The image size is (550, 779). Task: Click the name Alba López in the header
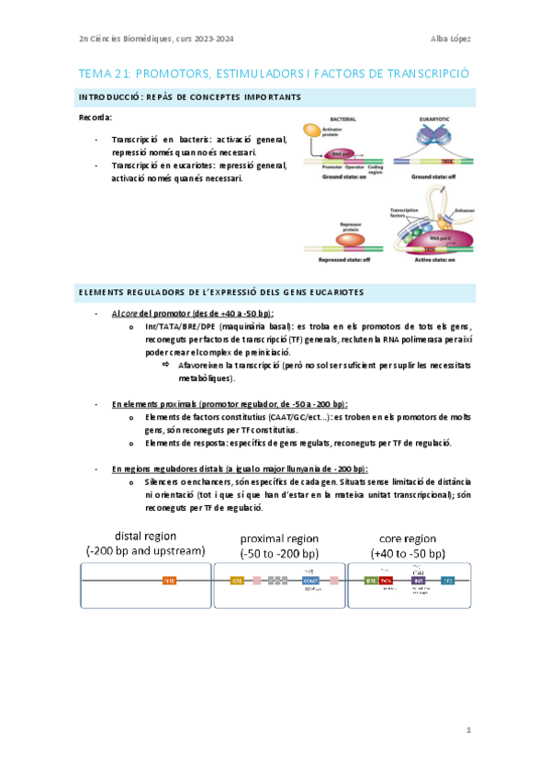click(450, 38)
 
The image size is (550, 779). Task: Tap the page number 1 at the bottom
click(468, 730)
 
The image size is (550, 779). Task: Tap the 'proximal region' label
click(279, 538)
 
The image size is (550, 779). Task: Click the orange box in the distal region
click(169, 581)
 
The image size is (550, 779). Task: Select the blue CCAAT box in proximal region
click(309, 581)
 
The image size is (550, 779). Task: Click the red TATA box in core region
click(387, 581)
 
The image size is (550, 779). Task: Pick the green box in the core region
click(371, 581)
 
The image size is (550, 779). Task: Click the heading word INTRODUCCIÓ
click(106, 96)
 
